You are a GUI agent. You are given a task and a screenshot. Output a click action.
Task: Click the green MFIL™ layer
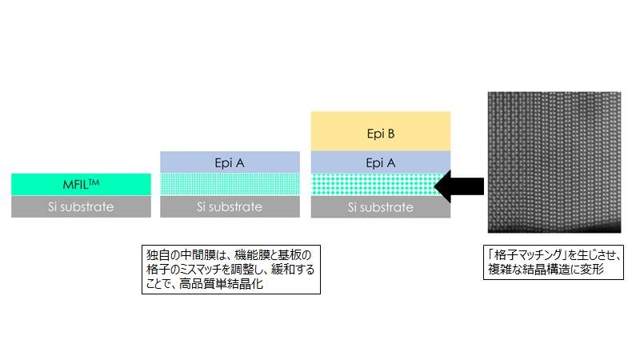(x=81, y=184)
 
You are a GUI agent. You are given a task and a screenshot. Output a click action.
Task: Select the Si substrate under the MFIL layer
(x=81, y=206)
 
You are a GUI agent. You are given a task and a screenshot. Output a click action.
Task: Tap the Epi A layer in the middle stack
(x=230, y=162)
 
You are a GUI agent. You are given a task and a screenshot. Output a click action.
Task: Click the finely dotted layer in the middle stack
(x=230, y=184)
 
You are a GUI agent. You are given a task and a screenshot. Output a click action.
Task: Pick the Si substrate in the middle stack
(x=230, y=206)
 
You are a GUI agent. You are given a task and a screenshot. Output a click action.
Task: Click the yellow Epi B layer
(x=380, y=132)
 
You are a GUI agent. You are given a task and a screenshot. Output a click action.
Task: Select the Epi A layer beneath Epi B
(x=380, y=162)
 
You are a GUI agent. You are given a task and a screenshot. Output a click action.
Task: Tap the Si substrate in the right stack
(x=380, y=206)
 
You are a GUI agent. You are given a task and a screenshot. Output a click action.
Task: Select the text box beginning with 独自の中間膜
(x=230, y=269)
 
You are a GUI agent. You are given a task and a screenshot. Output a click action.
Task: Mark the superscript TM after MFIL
(x=94, y=180)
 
